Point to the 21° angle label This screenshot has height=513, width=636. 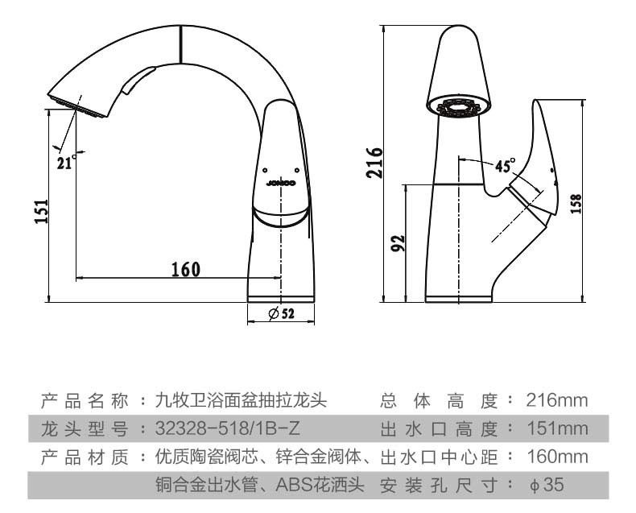click(66, 162)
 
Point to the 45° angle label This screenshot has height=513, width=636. click(505, 166)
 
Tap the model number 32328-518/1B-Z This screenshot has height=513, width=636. click(227, 428)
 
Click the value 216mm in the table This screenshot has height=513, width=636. click(557, 400)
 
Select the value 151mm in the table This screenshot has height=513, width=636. click(557, 428)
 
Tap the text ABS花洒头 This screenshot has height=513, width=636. click(322, 485)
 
